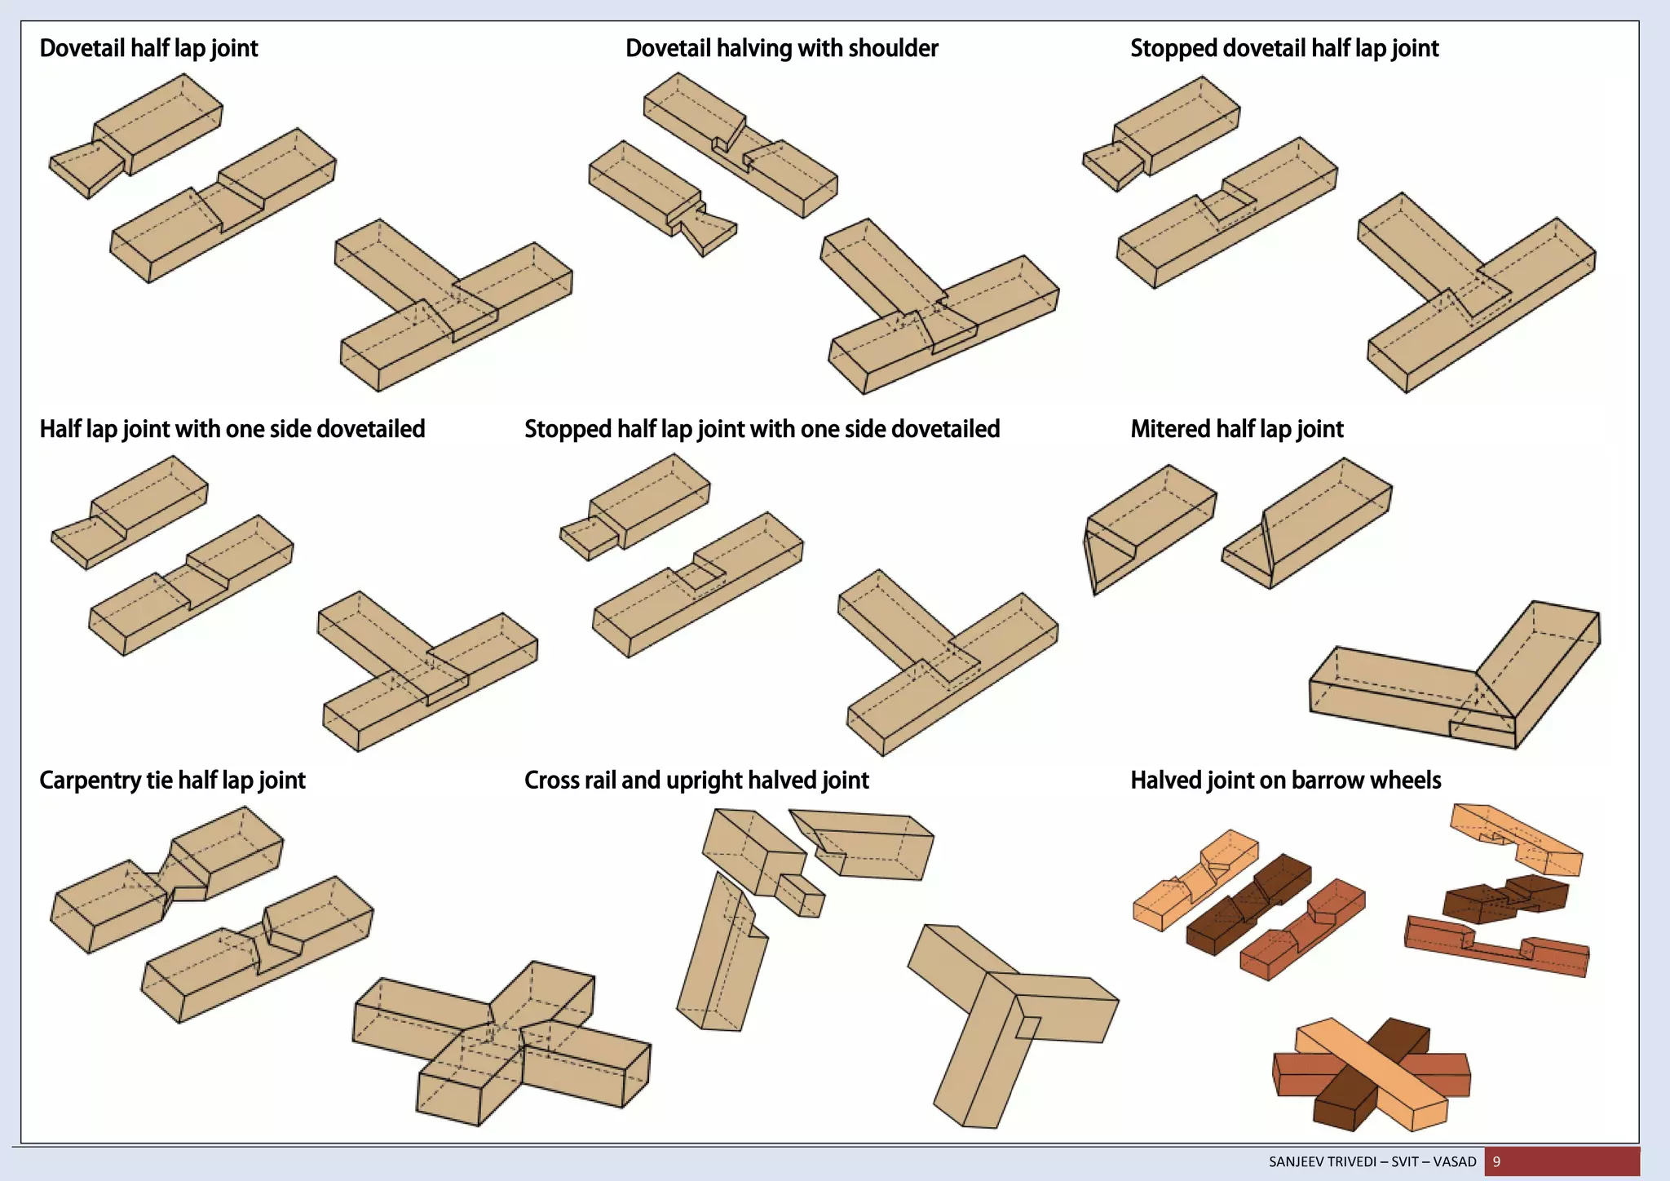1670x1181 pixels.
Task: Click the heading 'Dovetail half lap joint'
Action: pos(148,48)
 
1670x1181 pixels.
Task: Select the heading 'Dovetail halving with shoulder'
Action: pos(781,48)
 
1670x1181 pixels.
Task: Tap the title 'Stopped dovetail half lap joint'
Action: pos(1283,48)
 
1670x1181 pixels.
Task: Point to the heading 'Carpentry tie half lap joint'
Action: pos(172,781)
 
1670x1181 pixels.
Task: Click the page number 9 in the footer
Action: pos(1496,1161)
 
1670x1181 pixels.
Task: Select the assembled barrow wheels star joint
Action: pos(1372,1075)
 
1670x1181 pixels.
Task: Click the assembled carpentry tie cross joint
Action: pos(501,1044)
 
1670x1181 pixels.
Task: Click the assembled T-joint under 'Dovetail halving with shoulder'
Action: pos(938,310)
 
